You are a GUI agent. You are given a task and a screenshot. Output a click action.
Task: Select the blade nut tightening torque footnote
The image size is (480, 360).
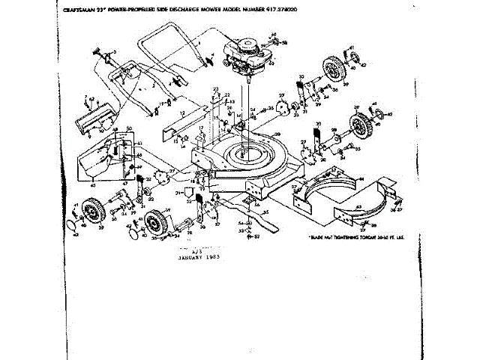pos(349,237)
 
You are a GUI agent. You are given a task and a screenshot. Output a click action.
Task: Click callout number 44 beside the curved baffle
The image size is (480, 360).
pos(361,179)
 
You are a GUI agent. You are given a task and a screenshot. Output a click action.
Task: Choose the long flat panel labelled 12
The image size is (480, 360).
pos(183,116)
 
